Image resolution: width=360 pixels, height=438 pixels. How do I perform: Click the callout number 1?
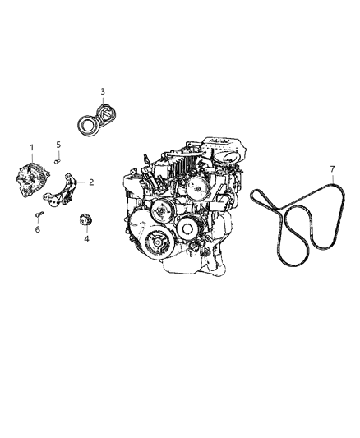(x=31, y=148)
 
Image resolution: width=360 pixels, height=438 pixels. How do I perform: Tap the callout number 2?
(x=91, y=182)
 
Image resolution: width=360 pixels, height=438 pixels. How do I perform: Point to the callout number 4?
(x=85, y=241)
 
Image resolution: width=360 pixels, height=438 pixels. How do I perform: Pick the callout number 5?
(x=58, y=145)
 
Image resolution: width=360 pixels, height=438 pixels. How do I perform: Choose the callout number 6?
(x=36, y=231)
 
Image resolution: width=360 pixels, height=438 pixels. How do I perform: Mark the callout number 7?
(x=331, y=169)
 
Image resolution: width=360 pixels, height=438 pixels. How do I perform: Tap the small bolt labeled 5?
(x=56, y=161)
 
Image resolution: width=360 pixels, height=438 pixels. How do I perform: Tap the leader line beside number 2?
(x=82, y=182)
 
